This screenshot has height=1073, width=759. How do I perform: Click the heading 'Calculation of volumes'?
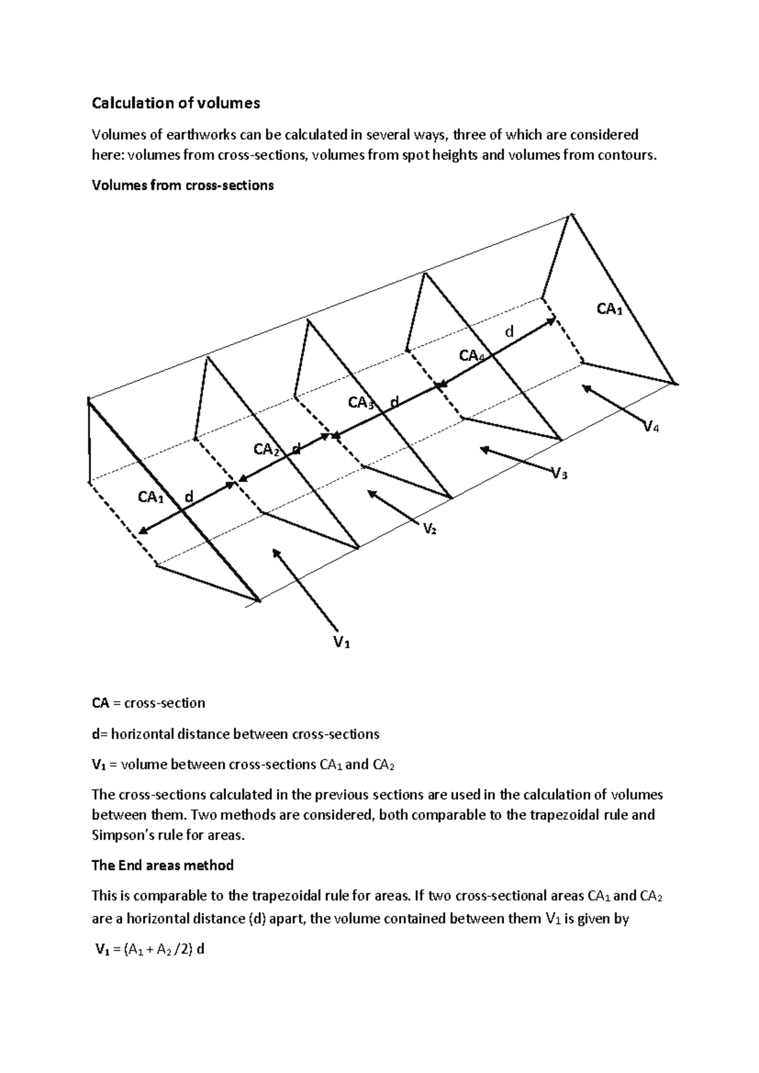click(x=176, y=103)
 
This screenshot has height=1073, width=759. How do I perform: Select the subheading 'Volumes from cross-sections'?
click(x=183, y=185)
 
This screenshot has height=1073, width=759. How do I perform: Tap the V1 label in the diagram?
click(x=342, y=643)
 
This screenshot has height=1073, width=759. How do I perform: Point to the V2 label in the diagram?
click(x=429, y=529)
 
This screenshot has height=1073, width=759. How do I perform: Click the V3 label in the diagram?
click(x=559, y=473)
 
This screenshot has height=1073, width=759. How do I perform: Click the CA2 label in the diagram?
click(x=267, y=450)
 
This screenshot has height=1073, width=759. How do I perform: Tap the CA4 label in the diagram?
click(x=472, y=356)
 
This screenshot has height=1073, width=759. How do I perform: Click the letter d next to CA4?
click(x=509, y=332)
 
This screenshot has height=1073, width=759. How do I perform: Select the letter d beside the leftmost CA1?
click(x=187, y=497)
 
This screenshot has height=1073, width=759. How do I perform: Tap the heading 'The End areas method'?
click(x=163, y=865)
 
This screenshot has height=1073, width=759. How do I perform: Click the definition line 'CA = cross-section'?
click(x=149, y=703)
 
